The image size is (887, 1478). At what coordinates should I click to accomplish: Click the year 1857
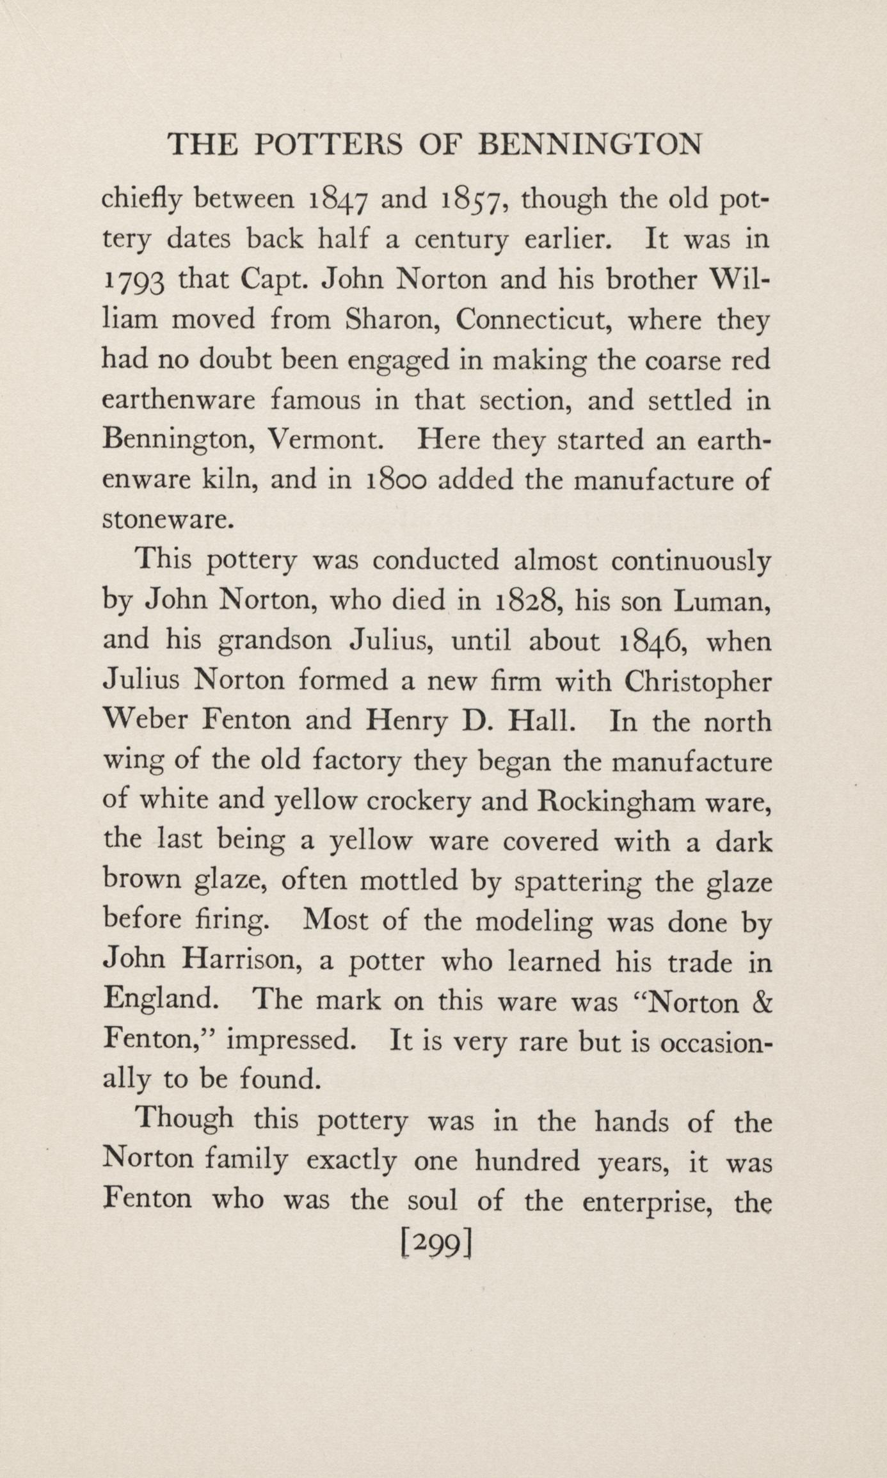(474, 201)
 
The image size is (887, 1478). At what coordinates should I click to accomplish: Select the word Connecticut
(531, 320)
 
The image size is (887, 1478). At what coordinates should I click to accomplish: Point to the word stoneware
(165, 520)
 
